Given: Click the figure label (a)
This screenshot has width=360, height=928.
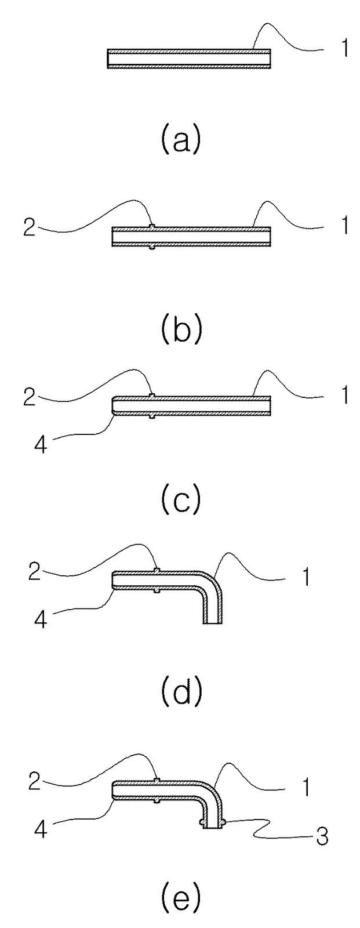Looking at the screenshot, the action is pyautogui.click(x=181, y=141).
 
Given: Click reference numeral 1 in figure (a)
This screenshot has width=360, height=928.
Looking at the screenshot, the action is pyautogui.click(x=343, y=48).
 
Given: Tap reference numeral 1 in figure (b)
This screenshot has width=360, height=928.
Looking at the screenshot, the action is pyautogui.click(x=343, y=226).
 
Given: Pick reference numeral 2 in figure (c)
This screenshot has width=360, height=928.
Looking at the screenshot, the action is pyautogui.click(x=30, y=397).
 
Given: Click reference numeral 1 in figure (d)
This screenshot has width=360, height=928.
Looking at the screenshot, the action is pyautogui.click(x=306, y=577).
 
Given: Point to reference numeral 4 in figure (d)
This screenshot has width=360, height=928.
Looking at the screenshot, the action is pyautogui.click(x=40, y=619).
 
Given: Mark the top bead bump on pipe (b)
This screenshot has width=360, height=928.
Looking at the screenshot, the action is pyautogui.click(x=152, y=226).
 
